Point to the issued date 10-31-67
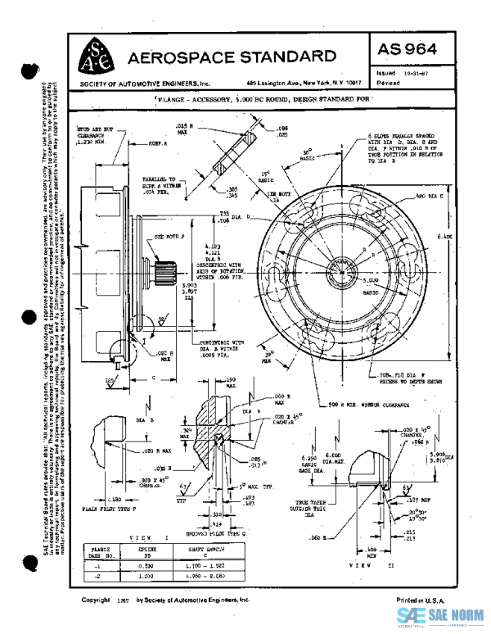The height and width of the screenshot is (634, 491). [x=417, y=72]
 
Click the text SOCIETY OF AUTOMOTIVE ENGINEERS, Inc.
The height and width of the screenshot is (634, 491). [x=146, y=84]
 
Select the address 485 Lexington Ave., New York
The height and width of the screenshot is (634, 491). [x=293, y=84]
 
